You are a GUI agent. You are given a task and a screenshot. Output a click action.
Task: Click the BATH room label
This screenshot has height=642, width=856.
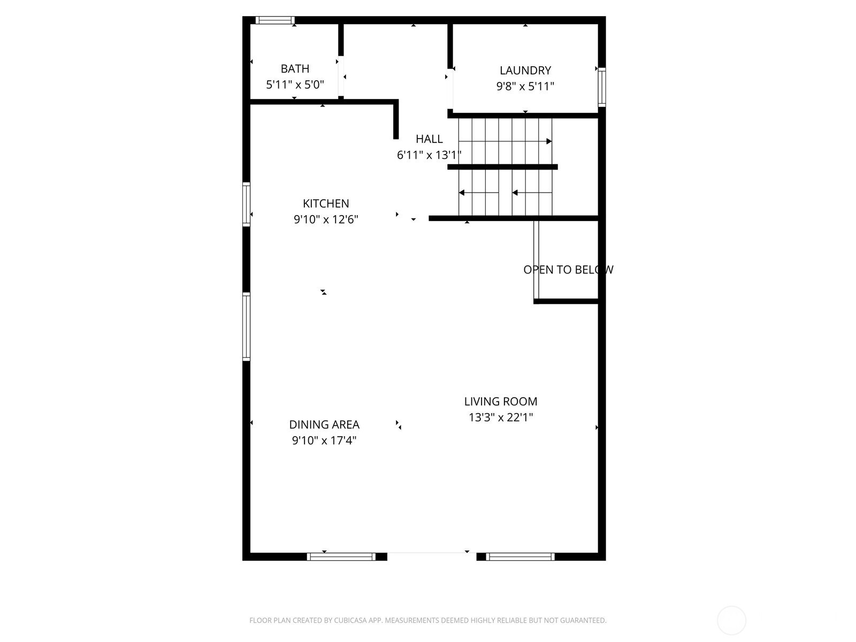pyautogui.click(x=295, y=68)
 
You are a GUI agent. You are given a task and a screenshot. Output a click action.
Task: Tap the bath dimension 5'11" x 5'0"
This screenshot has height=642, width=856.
pyautogui.click(x=295, y=85)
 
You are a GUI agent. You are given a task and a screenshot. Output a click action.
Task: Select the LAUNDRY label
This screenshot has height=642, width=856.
pyautogui.click(x=525, y=71)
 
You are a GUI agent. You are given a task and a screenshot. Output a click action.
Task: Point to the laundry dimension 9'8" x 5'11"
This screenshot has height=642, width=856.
pyautogui.click(x=525, y=86)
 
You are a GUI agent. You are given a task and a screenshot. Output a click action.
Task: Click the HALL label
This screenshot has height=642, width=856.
pyautogui.click(x=429, y=139)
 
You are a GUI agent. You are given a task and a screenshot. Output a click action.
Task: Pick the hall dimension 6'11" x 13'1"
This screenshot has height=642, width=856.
pyautogui.click(x=429, y=155)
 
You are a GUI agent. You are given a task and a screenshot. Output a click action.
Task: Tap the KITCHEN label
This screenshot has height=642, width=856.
pyautogui.click(x=326, y=203)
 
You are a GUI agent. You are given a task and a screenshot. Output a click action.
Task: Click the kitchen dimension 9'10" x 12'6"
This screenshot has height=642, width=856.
pyautogui.click(x=326, y=219)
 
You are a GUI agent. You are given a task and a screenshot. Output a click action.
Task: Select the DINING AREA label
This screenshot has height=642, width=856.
pyautogui.click(x=324, y=424)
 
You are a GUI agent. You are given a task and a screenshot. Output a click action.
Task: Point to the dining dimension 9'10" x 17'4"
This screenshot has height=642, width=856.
pyautogui.click(x=324, y=440)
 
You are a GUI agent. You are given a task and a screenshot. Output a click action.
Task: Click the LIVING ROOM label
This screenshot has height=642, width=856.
pyautogui.click(x=500, y=401)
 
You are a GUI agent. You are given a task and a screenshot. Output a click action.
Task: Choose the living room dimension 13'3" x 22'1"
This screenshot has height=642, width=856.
pyautogui.click(x=500, y=417)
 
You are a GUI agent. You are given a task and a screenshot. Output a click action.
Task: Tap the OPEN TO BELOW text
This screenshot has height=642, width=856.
pyautogui.click(x=568, y=270)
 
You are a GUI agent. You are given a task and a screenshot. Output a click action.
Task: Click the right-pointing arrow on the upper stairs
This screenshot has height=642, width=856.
pyautogui.click(x=505, y=141)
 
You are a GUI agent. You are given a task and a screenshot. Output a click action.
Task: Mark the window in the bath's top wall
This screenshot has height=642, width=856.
pyautogui.click(x=275, y=20)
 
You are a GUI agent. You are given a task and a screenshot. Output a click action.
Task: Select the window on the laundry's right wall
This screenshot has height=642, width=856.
pyautogui.click(x=602, y=87)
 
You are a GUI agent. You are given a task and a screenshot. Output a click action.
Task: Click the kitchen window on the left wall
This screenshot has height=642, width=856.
pyautogui.click(x=246, y=204)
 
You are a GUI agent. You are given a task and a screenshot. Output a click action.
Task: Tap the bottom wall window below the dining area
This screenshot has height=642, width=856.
pyautogui.click(x=341, y=556)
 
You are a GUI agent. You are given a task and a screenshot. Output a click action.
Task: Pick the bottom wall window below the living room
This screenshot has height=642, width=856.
pyautogui.click(x=520, y=556)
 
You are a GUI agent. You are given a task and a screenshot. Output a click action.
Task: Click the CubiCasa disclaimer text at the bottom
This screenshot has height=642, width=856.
pyautogui.click(x=428, y=620)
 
